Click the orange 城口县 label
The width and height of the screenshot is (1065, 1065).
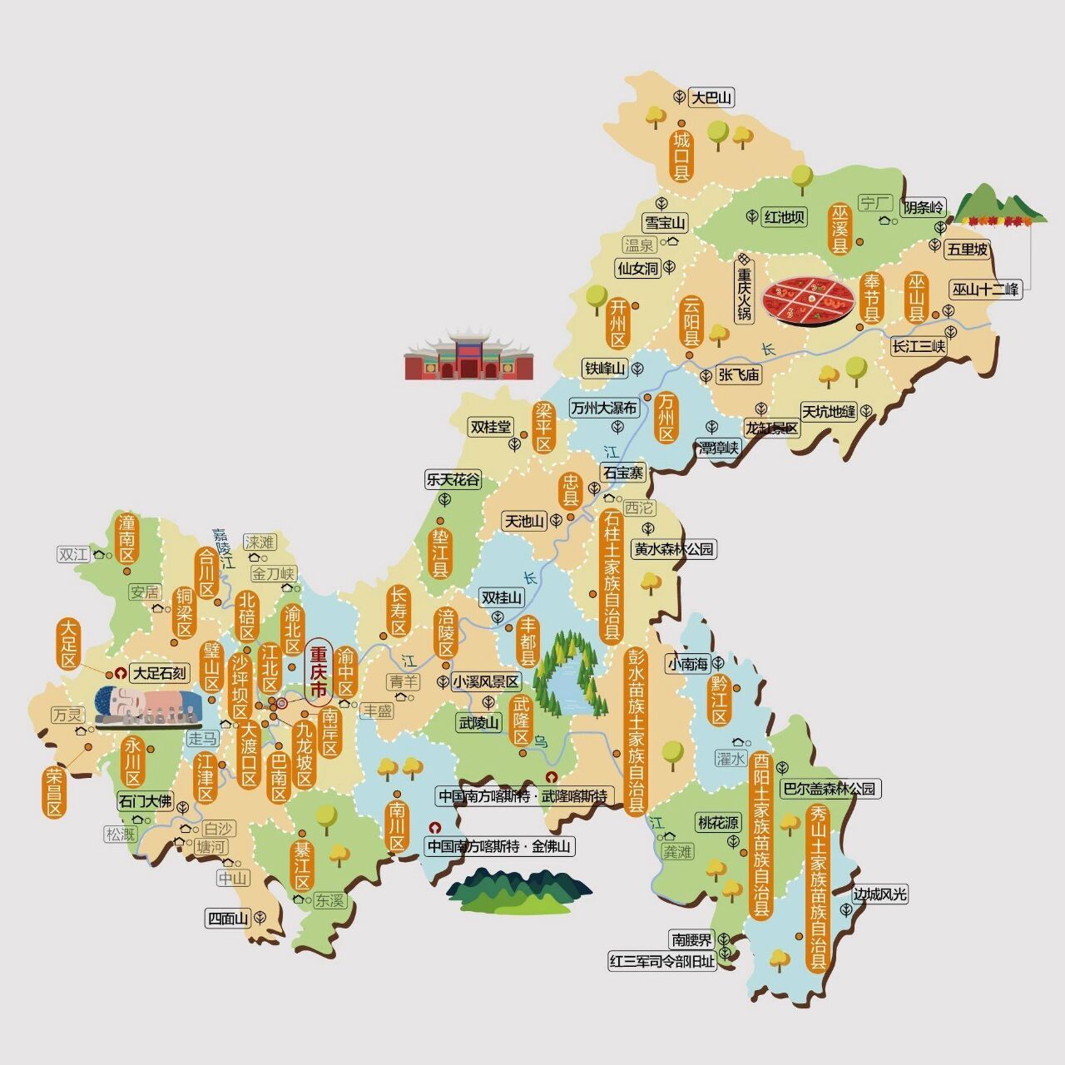682,156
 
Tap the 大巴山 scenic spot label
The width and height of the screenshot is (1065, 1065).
712,97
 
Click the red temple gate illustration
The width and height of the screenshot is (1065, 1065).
468,356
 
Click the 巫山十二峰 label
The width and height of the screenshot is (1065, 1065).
985,290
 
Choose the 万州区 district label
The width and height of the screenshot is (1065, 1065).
666,417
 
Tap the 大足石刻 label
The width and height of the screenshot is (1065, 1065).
161,672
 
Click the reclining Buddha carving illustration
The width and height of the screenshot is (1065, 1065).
148,707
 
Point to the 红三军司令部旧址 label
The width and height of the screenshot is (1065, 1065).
662,961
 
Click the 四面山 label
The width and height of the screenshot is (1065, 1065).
228,919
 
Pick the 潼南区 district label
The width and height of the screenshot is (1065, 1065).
126,539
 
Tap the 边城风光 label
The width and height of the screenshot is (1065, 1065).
879,894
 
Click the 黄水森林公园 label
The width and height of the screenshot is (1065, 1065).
674,549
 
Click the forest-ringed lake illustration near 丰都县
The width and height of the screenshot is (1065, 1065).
566,675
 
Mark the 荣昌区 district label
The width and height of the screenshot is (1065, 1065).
55,790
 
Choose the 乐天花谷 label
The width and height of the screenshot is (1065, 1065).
453,479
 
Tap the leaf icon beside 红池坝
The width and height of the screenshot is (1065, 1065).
751,216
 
